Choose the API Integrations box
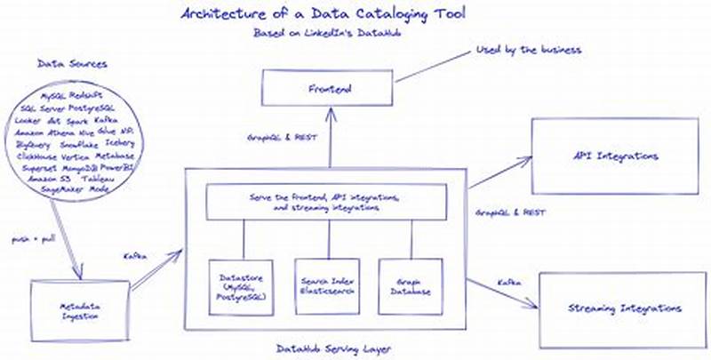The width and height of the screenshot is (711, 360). pyautogui.click(x=615, y=156)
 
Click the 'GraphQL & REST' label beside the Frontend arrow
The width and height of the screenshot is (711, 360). pyautogui.click(x=276, y=140)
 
